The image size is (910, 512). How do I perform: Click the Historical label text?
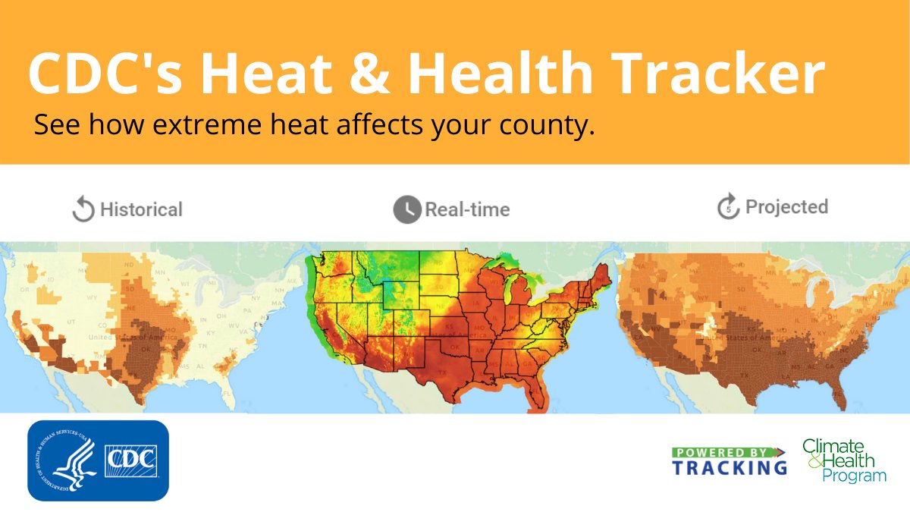point(141,209)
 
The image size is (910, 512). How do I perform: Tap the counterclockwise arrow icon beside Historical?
point(83,209)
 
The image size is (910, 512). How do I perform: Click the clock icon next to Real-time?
point(406,209)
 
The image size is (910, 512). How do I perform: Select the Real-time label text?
point(467,209)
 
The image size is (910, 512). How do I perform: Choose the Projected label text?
point(786,207)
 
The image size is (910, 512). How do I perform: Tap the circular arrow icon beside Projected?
point(728,207)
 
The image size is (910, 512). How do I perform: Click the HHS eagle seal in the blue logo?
point(65,460)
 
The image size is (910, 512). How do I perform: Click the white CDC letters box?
point(130,460)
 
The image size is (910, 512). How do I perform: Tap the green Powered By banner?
point(728,453)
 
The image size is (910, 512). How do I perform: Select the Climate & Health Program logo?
point(844,460)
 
